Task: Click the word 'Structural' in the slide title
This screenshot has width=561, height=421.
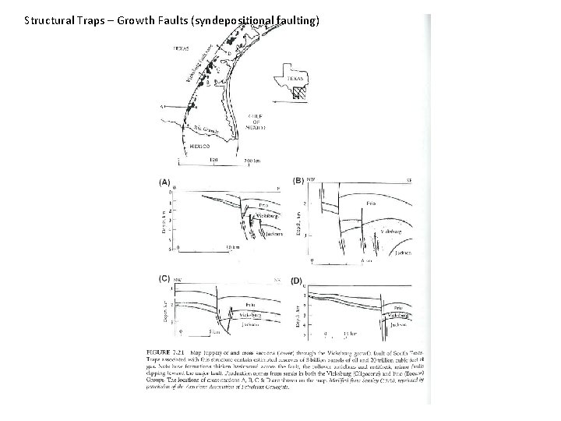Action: (x=48, y=19)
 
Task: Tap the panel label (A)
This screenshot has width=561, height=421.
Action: (x=165, y=182)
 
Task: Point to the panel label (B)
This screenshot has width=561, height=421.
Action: (x=298, y=181)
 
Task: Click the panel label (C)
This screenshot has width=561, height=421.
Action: (x=165, y=278)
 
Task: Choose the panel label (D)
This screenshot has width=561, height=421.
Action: (x=297, y=280)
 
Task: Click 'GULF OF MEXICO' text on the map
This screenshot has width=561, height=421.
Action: (x=256, y=122)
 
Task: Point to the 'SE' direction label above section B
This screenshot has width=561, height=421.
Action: (x=409, y=179)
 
